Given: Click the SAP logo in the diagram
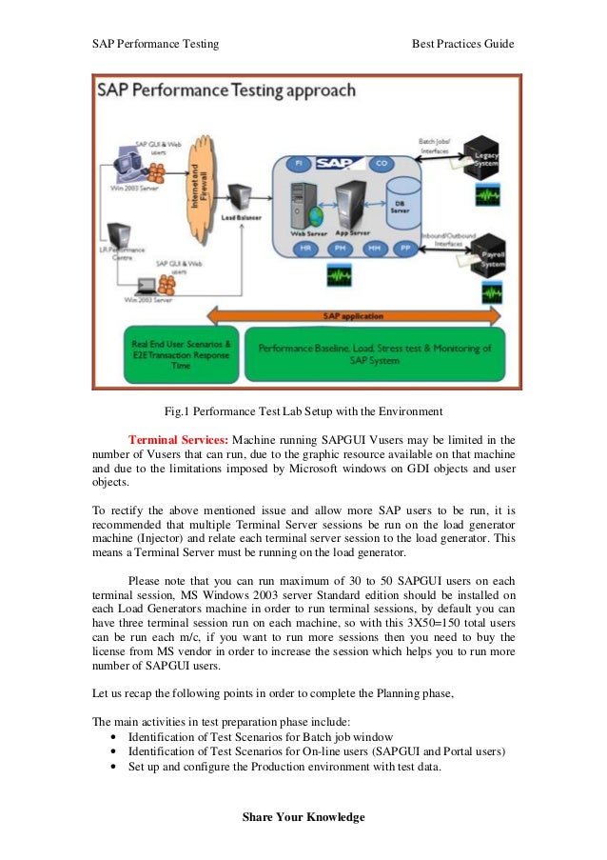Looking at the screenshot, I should pyautogui.click(x=339, y=165).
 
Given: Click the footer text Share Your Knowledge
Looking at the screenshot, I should pyautogui.click(x=303, y=817).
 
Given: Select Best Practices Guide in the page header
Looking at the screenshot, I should pyautogui.click(x=462, y=44).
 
